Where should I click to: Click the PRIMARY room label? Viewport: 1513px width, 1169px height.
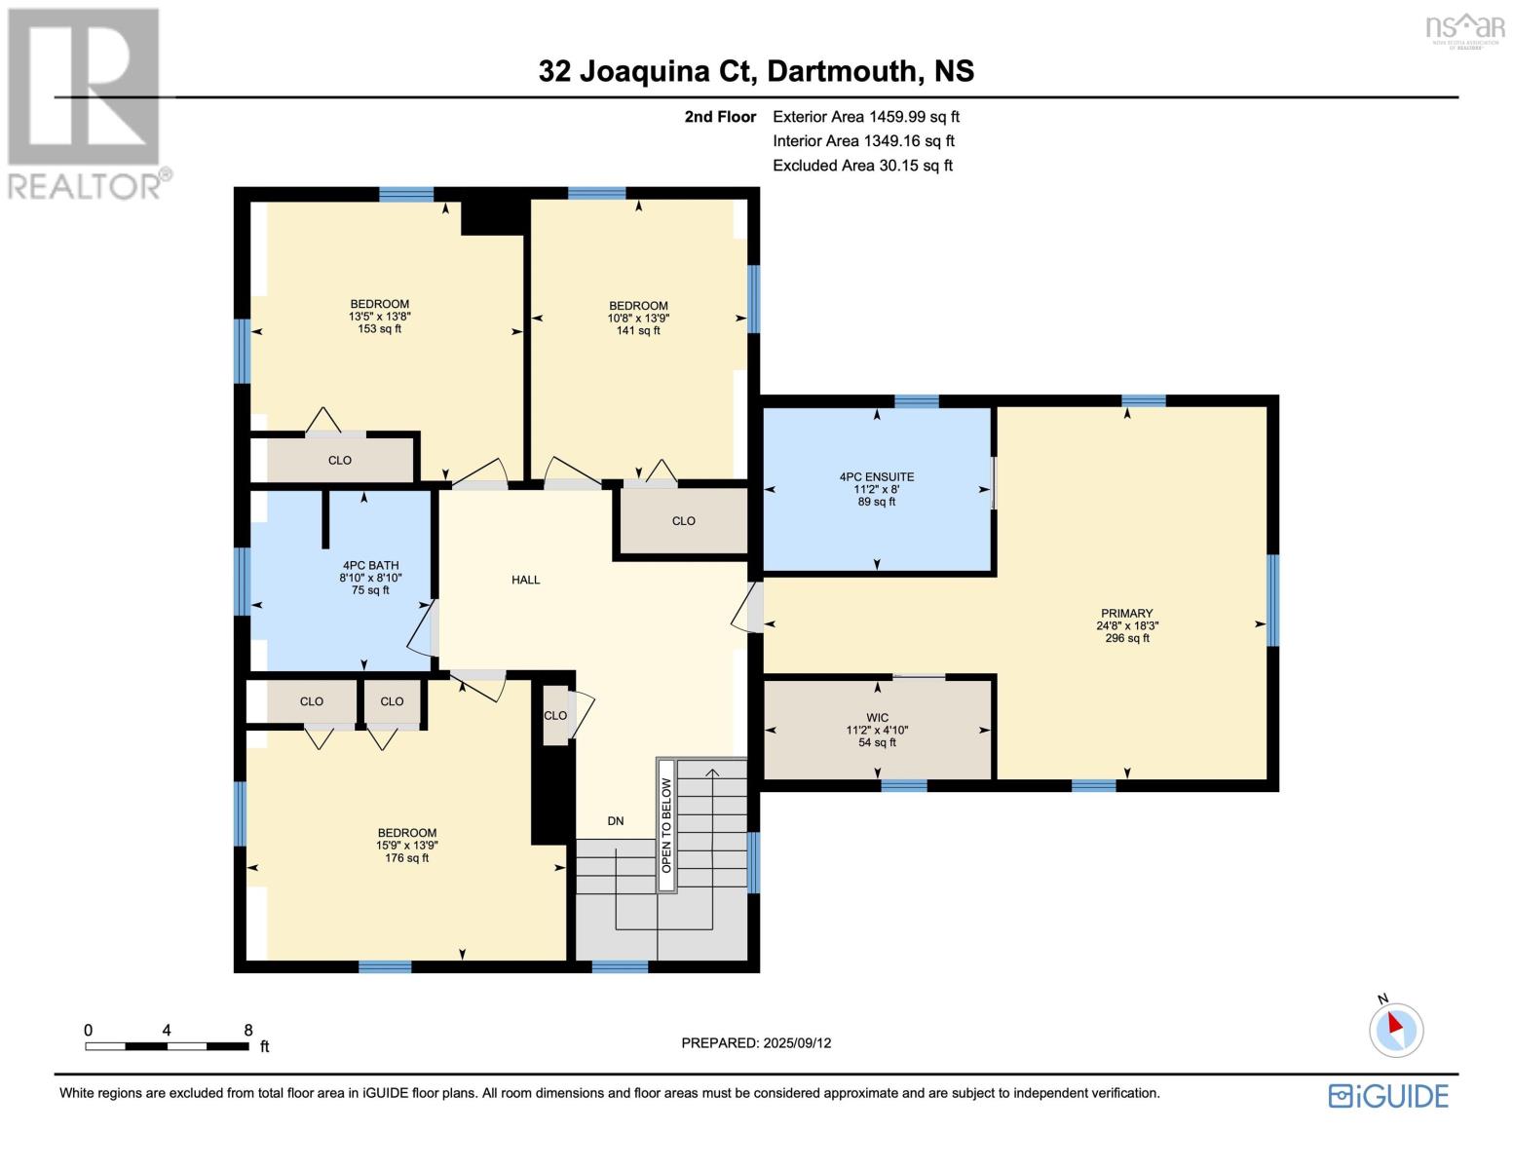click(1126, 614)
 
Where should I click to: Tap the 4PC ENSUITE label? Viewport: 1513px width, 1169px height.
click(876, 477)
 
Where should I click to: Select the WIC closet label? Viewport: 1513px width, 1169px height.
click(877, 717)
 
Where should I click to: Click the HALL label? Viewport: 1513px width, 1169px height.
click(525, 580)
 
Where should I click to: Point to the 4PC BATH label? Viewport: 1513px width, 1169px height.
click(370, 565)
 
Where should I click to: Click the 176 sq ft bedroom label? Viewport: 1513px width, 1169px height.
click(406, 845)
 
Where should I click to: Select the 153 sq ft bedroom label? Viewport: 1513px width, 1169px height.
click(379, 316)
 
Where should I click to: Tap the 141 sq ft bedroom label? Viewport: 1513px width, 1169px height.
click(638, 318)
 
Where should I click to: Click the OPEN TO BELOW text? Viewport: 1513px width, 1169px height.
click(666, 825)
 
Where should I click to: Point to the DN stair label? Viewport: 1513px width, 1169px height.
click(615, 821)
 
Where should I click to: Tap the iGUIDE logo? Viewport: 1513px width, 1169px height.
click(1388, 1096)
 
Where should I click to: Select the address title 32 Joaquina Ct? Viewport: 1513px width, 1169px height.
click(756, 71)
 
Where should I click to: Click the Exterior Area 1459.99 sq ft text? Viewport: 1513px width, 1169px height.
click(865, 117)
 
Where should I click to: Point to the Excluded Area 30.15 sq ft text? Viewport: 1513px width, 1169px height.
click(862, 166)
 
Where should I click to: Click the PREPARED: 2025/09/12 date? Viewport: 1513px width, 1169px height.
click(756, 1042)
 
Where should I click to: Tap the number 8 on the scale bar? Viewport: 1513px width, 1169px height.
click(248, 1030)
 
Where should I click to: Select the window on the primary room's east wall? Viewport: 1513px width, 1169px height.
click(1271, 600)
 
